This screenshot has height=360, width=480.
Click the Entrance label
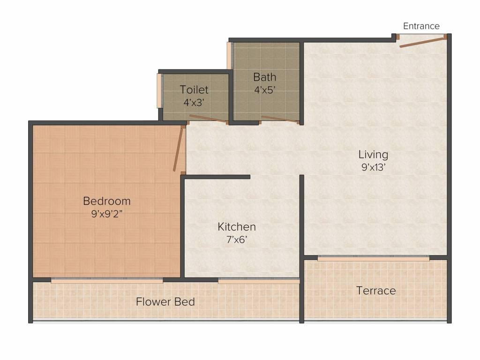421,26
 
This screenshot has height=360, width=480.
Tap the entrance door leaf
423,42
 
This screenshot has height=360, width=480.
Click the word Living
373,155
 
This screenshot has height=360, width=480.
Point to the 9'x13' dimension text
373,167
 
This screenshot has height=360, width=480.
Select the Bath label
264,77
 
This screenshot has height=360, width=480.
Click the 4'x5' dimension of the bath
264,90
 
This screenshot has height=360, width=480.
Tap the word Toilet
194,90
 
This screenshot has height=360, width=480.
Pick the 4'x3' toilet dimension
194,103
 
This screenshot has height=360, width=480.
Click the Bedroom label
107,201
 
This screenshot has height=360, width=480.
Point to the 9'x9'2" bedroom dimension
107,214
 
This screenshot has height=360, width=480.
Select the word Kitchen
237,227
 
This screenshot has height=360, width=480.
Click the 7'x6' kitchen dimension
237,240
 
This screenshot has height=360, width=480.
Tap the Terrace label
376,291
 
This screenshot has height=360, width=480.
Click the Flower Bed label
165,302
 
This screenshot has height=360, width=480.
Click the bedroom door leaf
178,150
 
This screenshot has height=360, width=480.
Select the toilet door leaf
208,119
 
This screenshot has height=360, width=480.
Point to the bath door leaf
279,119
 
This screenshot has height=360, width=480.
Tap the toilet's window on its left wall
159,90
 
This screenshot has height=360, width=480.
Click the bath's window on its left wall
229,56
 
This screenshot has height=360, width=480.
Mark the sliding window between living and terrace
374,259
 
